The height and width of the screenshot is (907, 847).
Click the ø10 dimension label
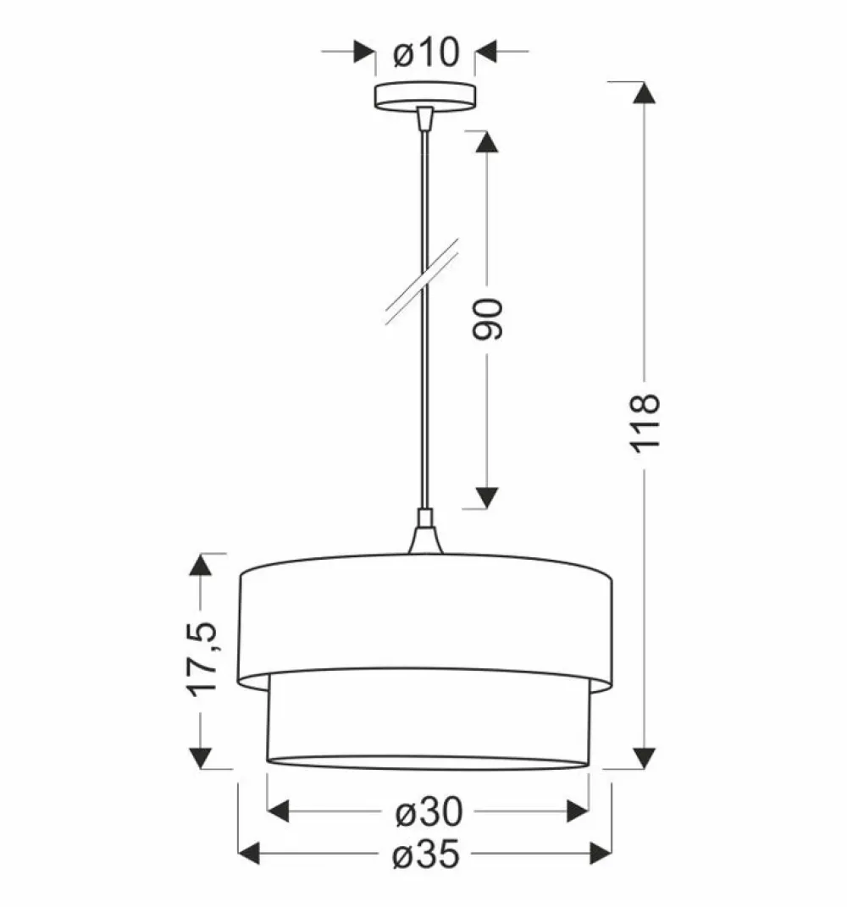coord(426,52)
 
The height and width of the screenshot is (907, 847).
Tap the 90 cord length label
coord(487,318)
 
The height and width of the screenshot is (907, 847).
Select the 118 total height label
coord(645,423)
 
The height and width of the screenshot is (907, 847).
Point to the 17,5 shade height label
coord(202,658)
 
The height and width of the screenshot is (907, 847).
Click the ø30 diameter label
coord(429,811)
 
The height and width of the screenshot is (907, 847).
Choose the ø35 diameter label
coord(426,854)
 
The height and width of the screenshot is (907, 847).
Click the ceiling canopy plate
coord(425,96)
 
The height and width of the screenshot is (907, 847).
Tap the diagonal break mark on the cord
coord(423,281)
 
